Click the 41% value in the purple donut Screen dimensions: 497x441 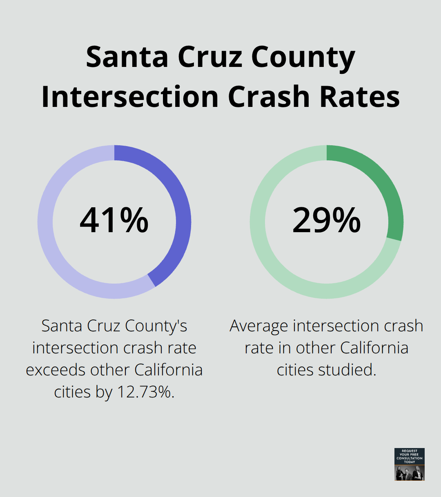[x=114, y=220]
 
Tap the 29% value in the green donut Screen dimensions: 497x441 [x=326, y=220]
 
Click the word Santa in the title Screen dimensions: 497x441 [x=127, y=57]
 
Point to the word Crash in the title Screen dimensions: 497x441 [x=269, y=97]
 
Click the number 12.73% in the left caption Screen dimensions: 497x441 [x=146, y=392]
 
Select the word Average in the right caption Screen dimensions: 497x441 [x=259, y=326]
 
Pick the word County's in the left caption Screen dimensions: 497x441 [x=156, y=326]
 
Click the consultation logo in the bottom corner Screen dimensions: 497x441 [x=409, y=464]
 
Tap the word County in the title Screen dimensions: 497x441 [x=303, y=57]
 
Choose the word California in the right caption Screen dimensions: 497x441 [x=374, y=348]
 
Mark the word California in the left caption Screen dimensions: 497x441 [x=169, y=370]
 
